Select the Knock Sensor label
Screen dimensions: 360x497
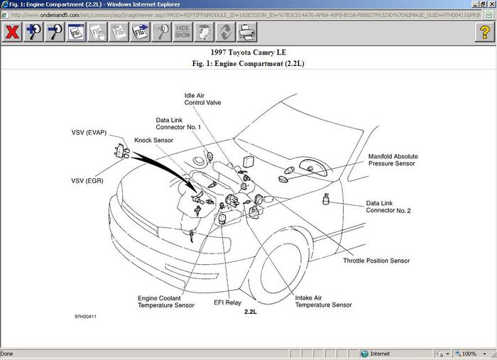[x=153, y=141]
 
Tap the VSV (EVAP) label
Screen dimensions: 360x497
[x=89, y=133]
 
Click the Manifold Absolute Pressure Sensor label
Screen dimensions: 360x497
[x=393, y=160]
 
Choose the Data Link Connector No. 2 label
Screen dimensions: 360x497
[x=388, y=207]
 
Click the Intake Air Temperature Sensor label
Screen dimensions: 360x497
[x=323, y=300]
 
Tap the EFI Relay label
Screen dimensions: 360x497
[x=229, y=301]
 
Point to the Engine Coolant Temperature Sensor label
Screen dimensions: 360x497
[x=165, y=301]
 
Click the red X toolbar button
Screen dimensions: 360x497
[x=12, y=32]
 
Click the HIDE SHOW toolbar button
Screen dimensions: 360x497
[x=182, y=32]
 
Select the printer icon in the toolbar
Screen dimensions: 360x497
[x=246, y=32]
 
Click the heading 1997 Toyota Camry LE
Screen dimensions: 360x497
[x=248, y=53]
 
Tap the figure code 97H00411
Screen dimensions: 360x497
[x=85, y=316]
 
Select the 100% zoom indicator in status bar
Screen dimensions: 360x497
[x=469, y=354]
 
